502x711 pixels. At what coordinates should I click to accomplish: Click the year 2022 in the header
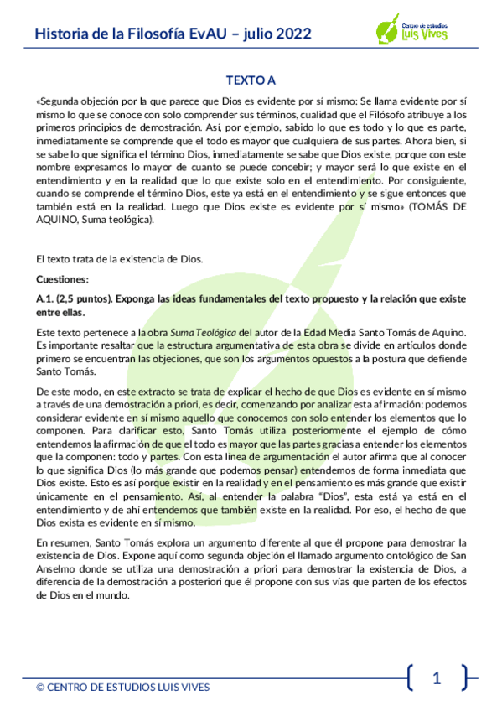pyautogui.click(x=291, y=34)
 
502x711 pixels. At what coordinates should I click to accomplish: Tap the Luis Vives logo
pyautogui.click(x=411, y=30)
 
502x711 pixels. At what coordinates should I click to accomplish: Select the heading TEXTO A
pyautogui.click(x=251, y=80)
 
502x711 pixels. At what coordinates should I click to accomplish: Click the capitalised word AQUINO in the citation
pyautogui.click(x=61, y=220)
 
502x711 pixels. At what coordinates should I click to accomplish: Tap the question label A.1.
pyautogui.click(x=45, y=298)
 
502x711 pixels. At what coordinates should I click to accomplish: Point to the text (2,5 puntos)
pyautogui.click(x=85, y=298)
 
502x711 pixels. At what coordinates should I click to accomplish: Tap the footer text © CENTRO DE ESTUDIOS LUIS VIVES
pyautogui.click(x=122, y=688)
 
